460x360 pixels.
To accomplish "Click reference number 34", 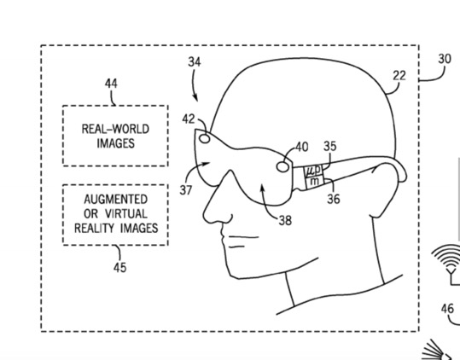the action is (x=195, y=62).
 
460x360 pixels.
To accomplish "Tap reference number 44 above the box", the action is (x=111, y=84).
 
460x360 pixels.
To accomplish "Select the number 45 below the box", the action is (x=120, y=267).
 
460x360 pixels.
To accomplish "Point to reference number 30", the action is (x=445, y=59).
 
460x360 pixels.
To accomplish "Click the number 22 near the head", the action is (x=399, y=76).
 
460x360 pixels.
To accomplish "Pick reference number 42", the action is (x=189, y=119).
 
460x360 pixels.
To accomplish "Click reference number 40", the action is (x=302, y=147).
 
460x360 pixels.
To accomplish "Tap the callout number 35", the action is (x=330, y=146).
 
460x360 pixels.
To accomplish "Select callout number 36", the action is (x=334, y=199).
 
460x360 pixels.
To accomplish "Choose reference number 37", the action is (x=186, y=190).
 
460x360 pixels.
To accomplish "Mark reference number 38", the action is (x=285, y=220).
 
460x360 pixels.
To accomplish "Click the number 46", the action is (x=447, y=309).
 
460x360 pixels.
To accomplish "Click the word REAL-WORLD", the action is (x=115, y=129).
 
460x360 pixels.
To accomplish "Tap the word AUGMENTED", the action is (x=115, y=200).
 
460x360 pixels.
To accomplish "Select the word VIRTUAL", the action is (x=126, y=214).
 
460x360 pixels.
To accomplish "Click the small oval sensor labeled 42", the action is (x=205, y=138).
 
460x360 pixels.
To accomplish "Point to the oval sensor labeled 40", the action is (x=282, y=166).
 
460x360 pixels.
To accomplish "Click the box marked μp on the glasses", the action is (x=313, y=171).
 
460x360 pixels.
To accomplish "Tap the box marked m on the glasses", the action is (x=315, y=182).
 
